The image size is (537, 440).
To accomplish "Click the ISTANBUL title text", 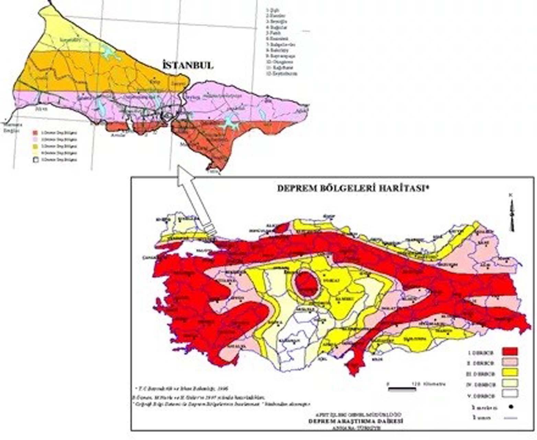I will pyautogui.click(x=187, y=65).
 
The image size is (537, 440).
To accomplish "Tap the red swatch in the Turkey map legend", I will pyautogui.click(x=510, y=352).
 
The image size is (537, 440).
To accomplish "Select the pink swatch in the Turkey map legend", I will pyautogui.click(x=510, y=362).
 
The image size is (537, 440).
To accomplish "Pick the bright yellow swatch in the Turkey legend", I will pyautogui.click(x=510, y=373).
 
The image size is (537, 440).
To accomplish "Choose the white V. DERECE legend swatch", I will pyautogui.click(x=510, y=393).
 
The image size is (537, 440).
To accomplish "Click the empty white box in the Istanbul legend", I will pyautogui.click(x=35, y=160).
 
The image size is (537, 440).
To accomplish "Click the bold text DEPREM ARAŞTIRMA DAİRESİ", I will pyautogui.click(x=355, y=421).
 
